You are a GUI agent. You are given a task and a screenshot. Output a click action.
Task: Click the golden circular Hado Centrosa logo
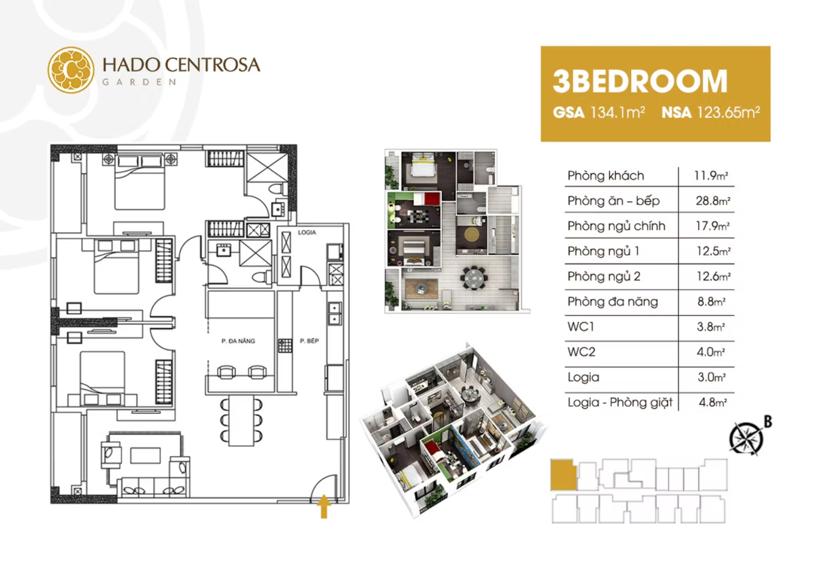71,70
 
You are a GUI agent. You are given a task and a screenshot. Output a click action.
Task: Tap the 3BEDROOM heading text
640,81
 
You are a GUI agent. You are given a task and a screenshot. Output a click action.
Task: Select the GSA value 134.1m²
618,112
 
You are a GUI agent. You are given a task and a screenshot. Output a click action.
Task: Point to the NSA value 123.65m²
728,112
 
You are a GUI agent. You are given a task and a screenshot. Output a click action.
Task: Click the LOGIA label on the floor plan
307,233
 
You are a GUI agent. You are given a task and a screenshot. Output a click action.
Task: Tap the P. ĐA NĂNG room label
238,341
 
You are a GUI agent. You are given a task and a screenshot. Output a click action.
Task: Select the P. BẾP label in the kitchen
309,341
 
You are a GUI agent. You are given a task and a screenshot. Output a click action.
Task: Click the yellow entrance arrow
324,506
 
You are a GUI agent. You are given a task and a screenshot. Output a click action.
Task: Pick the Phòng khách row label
606,176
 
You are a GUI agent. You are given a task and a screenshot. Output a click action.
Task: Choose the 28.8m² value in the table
713,201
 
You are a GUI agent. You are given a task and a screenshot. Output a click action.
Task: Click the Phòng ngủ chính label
616,226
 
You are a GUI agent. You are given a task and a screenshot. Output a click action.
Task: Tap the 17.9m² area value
713,226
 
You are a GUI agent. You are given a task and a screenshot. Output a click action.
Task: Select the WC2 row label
581,352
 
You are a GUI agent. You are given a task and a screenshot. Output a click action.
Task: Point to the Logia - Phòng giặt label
620,402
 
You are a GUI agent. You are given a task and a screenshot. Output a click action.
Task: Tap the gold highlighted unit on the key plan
563,475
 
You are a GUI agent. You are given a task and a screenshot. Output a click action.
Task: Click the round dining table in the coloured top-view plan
473,278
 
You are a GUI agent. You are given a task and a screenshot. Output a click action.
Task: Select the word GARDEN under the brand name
139,82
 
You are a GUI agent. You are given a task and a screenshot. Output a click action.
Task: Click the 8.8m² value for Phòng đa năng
712,301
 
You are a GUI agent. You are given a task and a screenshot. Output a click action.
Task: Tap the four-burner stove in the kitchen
285,346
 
